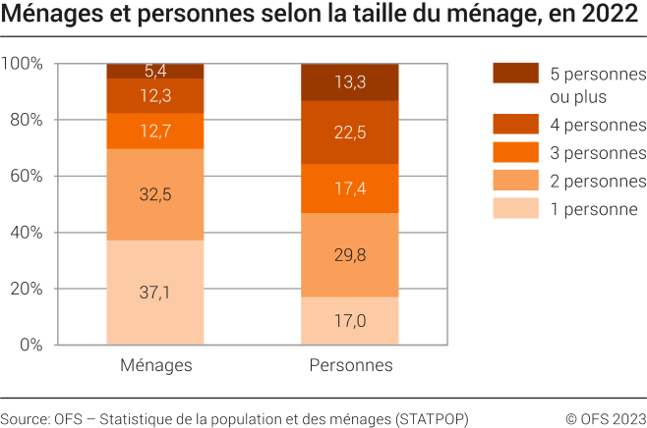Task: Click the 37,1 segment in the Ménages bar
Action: click(155, 293)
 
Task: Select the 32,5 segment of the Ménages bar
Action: click(155, 194)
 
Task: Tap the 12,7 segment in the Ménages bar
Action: click(155, 131)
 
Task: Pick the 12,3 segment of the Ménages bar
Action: click(155, 96)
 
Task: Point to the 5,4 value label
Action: click(155, 71)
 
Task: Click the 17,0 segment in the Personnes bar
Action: click(350, 321)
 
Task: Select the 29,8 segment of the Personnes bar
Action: click(350, 255)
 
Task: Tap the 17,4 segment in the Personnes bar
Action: click(350, 188)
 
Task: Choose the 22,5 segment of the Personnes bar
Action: click(350, 133)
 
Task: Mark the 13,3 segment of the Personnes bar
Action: click(350, 82)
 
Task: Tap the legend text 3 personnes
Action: click(598, 152)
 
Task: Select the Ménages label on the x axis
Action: click(155, 366)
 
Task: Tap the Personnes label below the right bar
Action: click(350, 366)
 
